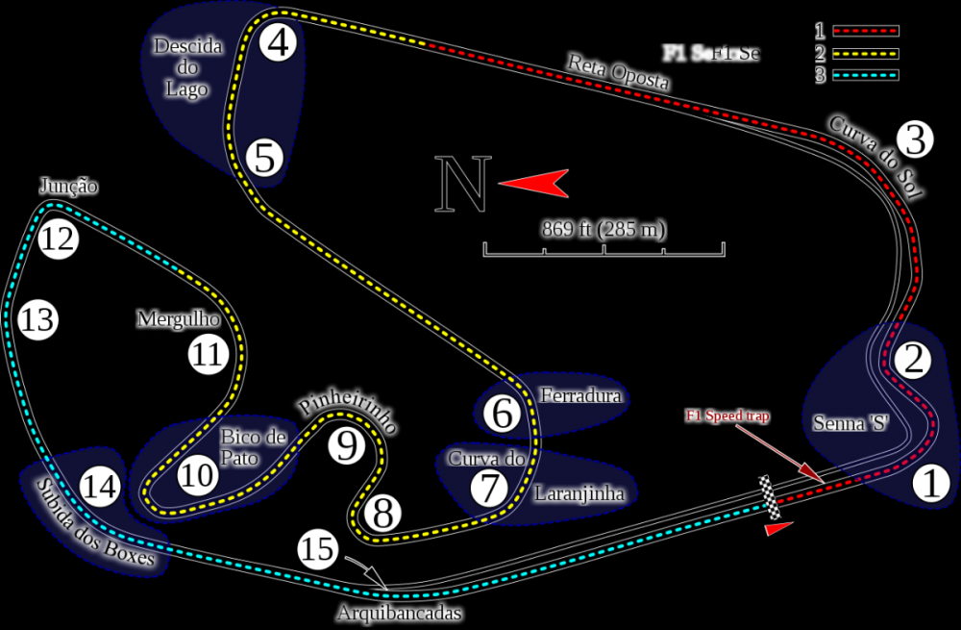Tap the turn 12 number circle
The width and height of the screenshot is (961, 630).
click(58, 239)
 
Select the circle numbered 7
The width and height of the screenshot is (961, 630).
click(489, 489)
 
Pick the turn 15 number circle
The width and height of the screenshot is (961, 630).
click(318, 551)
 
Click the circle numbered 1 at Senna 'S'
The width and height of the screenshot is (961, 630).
click(929, 483)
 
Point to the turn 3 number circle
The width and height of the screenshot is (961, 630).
click(914, 140)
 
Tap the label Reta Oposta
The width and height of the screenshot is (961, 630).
click(618, 73)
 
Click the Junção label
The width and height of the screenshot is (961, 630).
click(68, 186)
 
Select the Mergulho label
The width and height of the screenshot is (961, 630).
click(179, 318)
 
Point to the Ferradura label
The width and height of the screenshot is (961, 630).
click(580, 395)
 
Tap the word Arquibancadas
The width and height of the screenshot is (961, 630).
click(400, 613)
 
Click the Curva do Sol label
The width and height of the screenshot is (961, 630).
click(875, 157)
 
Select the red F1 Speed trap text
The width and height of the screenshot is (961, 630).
click(727, 416)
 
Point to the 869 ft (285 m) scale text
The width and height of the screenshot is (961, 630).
click(604, 230)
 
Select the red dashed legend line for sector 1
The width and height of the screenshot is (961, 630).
click(865, 31)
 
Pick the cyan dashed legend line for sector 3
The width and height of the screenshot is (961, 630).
click(865, 75)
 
